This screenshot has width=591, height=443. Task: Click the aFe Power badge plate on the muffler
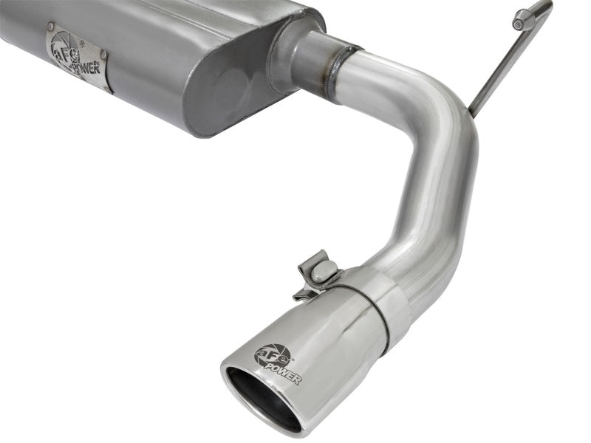78,55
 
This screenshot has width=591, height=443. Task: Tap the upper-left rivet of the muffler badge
50,30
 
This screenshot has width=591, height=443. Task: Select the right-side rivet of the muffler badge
104,55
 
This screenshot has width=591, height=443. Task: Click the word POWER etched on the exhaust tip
284,373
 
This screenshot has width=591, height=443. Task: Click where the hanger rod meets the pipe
471,113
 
